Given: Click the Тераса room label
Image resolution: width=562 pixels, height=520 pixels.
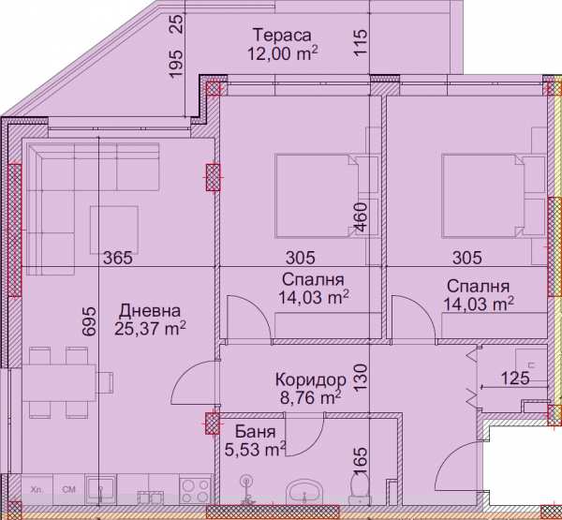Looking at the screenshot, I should coord(281,36).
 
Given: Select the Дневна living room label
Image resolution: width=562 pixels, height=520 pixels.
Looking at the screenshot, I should coord(150,311).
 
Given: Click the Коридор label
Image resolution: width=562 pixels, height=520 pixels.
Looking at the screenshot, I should coord(311,380).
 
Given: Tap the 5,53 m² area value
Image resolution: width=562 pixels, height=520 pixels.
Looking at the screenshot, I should coord(255,451).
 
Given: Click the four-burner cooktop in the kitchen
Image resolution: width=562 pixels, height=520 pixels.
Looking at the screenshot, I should coord(193,489).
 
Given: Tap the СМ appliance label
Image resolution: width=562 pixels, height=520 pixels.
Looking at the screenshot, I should coord(68,488).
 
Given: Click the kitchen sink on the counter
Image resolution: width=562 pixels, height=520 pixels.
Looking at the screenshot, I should coord(99,488).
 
